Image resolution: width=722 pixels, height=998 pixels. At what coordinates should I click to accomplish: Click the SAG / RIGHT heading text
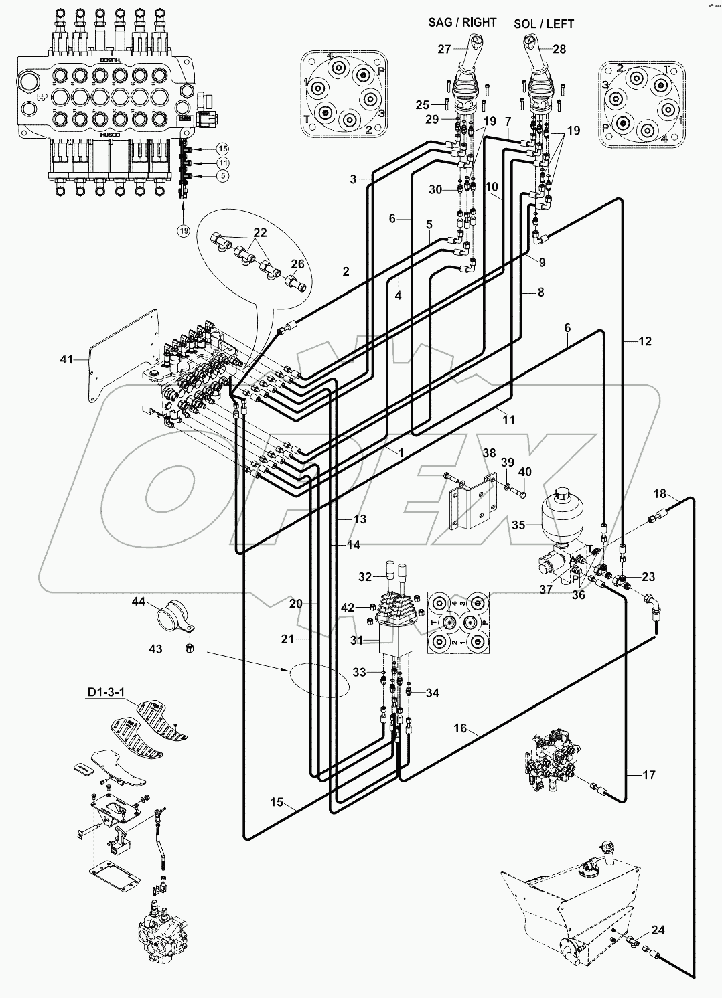pyautogui.click(x=462, y=23)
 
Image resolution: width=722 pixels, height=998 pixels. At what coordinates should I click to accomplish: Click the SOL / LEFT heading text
pyautogui.click(x=544, y=24)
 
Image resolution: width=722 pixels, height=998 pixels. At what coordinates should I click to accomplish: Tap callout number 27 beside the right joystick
pyautogui.click(x=445, y=48)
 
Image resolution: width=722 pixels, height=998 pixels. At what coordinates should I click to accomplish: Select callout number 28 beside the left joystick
pyautogui.click(x=559, y=49)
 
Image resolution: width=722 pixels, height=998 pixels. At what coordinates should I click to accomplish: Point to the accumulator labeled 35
pyautogui.click(x=562, y=514)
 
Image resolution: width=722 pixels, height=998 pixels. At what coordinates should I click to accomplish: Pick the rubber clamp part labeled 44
pyautogui.click(x=173, y=615)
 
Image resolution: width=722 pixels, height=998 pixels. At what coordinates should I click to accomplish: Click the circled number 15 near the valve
pyautogui.click(x=222, y=148)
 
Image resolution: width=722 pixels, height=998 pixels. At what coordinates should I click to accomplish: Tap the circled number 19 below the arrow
pyautogui.click(x=184, y=230)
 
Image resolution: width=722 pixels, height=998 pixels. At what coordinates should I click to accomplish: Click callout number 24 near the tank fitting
pyautogui.click(x=658, y=930)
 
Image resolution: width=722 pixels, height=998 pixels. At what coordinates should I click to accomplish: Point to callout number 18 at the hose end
pyautogui.click(x=660, y=494)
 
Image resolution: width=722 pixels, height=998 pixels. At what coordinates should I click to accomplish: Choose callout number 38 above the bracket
pyautogui.click(x=489, y=453)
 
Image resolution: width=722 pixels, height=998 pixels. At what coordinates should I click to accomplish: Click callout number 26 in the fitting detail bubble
pyautogui.click(x=297, y=264)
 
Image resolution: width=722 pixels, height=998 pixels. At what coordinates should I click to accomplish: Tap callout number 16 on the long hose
pyautogui.click(x=459, y=728)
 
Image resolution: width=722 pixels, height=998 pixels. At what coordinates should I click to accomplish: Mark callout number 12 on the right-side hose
pyautogui.click(x=644, y=341)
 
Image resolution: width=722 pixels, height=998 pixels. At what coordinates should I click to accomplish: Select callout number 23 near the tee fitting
pyautogui.click(x=648, y=577)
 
